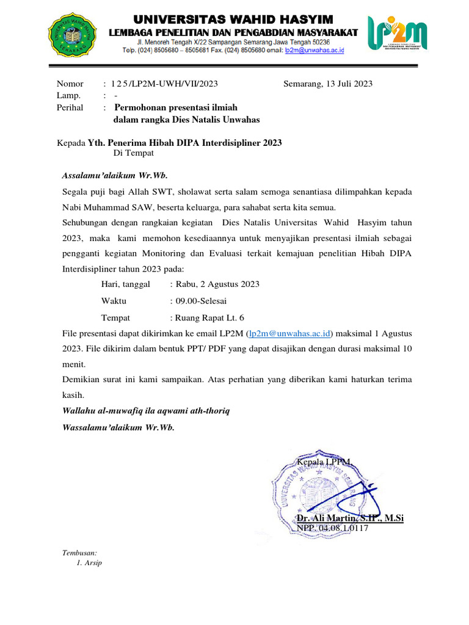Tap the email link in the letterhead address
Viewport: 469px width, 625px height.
point(314,51)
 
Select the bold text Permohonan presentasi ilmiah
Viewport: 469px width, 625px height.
point(181,107)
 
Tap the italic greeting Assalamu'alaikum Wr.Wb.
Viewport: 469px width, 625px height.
point(114,176)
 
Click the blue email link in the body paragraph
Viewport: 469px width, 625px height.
point(289,333)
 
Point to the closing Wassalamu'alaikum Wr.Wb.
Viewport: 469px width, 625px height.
point(118,427)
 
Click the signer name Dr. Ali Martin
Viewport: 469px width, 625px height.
point(350,518)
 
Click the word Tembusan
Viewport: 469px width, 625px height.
point(80,552)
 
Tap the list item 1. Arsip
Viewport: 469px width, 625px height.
point(89,563)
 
